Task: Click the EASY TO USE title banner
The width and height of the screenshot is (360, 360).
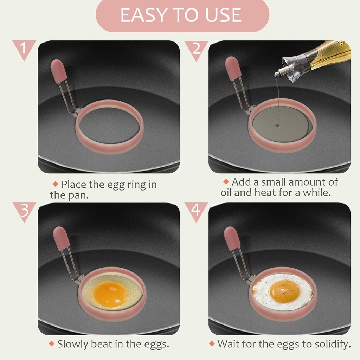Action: [182, 15]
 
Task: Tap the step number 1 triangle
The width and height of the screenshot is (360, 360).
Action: [24, 48]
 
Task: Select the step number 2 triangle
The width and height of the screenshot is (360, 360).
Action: [196, 48]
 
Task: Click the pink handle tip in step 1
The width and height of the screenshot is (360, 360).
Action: [59, 71]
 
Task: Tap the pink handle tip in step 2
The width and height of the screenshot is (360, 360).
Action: [233, 68]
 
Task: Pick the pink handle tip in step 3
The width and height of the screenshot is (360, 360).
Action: [61, 238]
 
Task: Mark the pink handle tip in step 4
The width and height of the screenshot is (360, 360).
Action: [232, 238]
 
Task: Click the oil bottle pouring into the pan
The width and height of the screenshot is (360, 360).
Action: [316, 58]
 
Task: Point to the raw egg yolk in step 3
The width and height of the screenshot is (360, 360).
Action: [110, 294]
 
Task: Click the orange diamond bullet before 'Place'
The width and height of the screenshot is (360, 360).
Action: [55, 184]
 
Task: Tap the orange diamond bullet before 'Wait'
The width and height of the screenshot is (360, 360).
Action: [212, 343]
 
